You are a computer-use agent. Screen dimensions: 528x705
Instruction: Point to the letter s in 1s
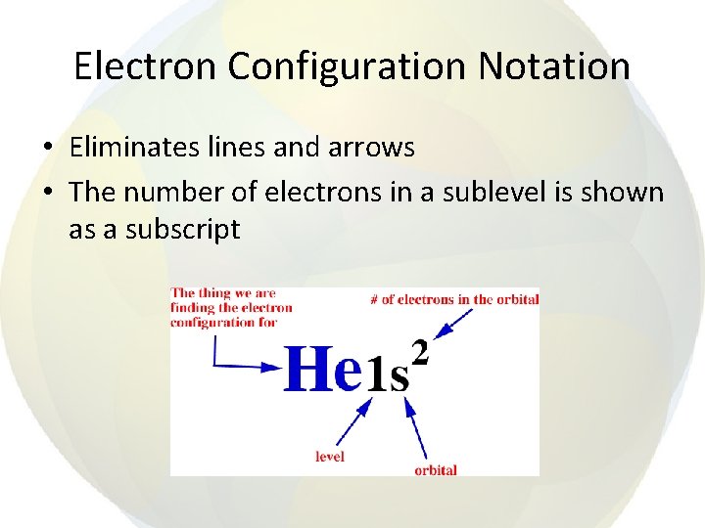pyautogui.click(x=399, y=378)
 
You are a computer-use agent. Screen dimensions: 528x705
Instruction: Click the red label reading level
pyautogui.click(x=330, y=457)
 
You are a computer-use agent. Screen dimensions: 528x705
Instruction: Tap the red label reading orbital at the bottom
pyautogui.click(x=435, y=470)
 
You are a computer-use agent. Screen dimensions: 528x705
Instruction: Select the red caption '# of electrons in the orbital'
pyautogui.click(x=454, y=299)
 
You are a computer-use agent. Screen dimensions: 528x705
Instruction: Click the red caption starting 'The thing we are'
pyautogui.click(x=231, y=307)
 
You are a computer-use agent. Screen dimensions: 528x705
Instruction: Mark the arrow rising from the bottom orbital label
pyautogui.click(x=416, y=426)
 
